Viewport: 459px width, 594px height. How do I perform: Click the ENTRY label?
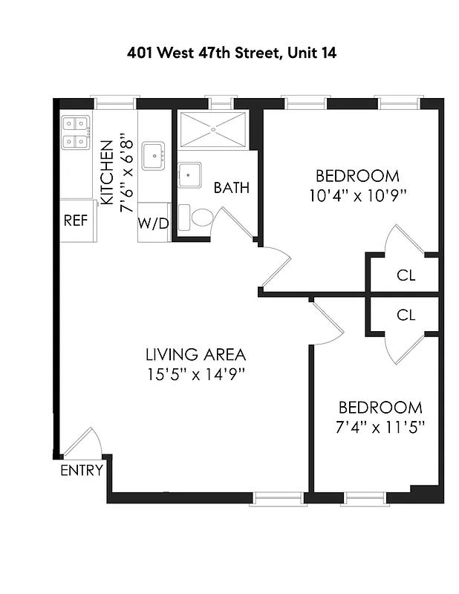click(x=82, y=470)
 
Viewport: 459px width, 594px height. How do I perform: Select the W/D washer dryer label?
click(x=153, y=223)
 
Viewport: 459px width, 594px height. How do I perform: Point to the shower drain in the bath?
click(x=213, y=129)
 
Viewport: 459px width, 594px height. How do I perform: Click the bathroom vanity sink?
click(x=189, y=176)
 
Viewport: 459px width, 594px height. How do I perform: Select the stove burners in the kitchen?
click(x=76, y=131)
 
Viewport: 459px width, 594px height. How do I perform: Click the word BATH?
click(x=231, y=188)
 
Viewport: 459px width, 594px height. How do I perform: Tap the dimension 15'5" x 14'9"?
click(x=195, y=374)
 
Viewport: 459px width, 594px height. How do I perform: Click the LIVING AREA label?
click(x=195, y=355)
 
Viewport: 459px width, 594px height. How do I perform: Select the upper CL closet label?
click(x=406, y=275)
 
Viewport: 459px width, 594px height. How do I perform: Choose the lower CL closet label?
click(x=406, y=315)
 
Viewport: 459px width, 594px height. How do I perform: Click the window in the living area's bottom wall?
click(x=279, y=498)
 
